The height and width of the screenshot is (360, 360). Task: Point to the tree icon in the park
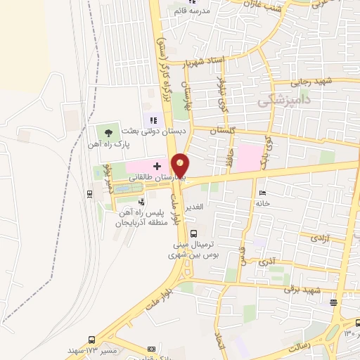tap(107, 131)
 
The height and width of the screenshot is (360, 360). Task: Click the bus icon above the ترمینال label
tap(194, 233)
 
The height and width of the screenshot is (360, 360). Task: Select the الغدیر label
tap(193, 206)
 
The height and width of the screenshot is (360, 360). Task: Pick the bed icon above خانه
tap(262, 193)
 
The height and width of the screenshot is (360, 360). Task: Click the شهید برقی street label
tap(302, 290)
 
